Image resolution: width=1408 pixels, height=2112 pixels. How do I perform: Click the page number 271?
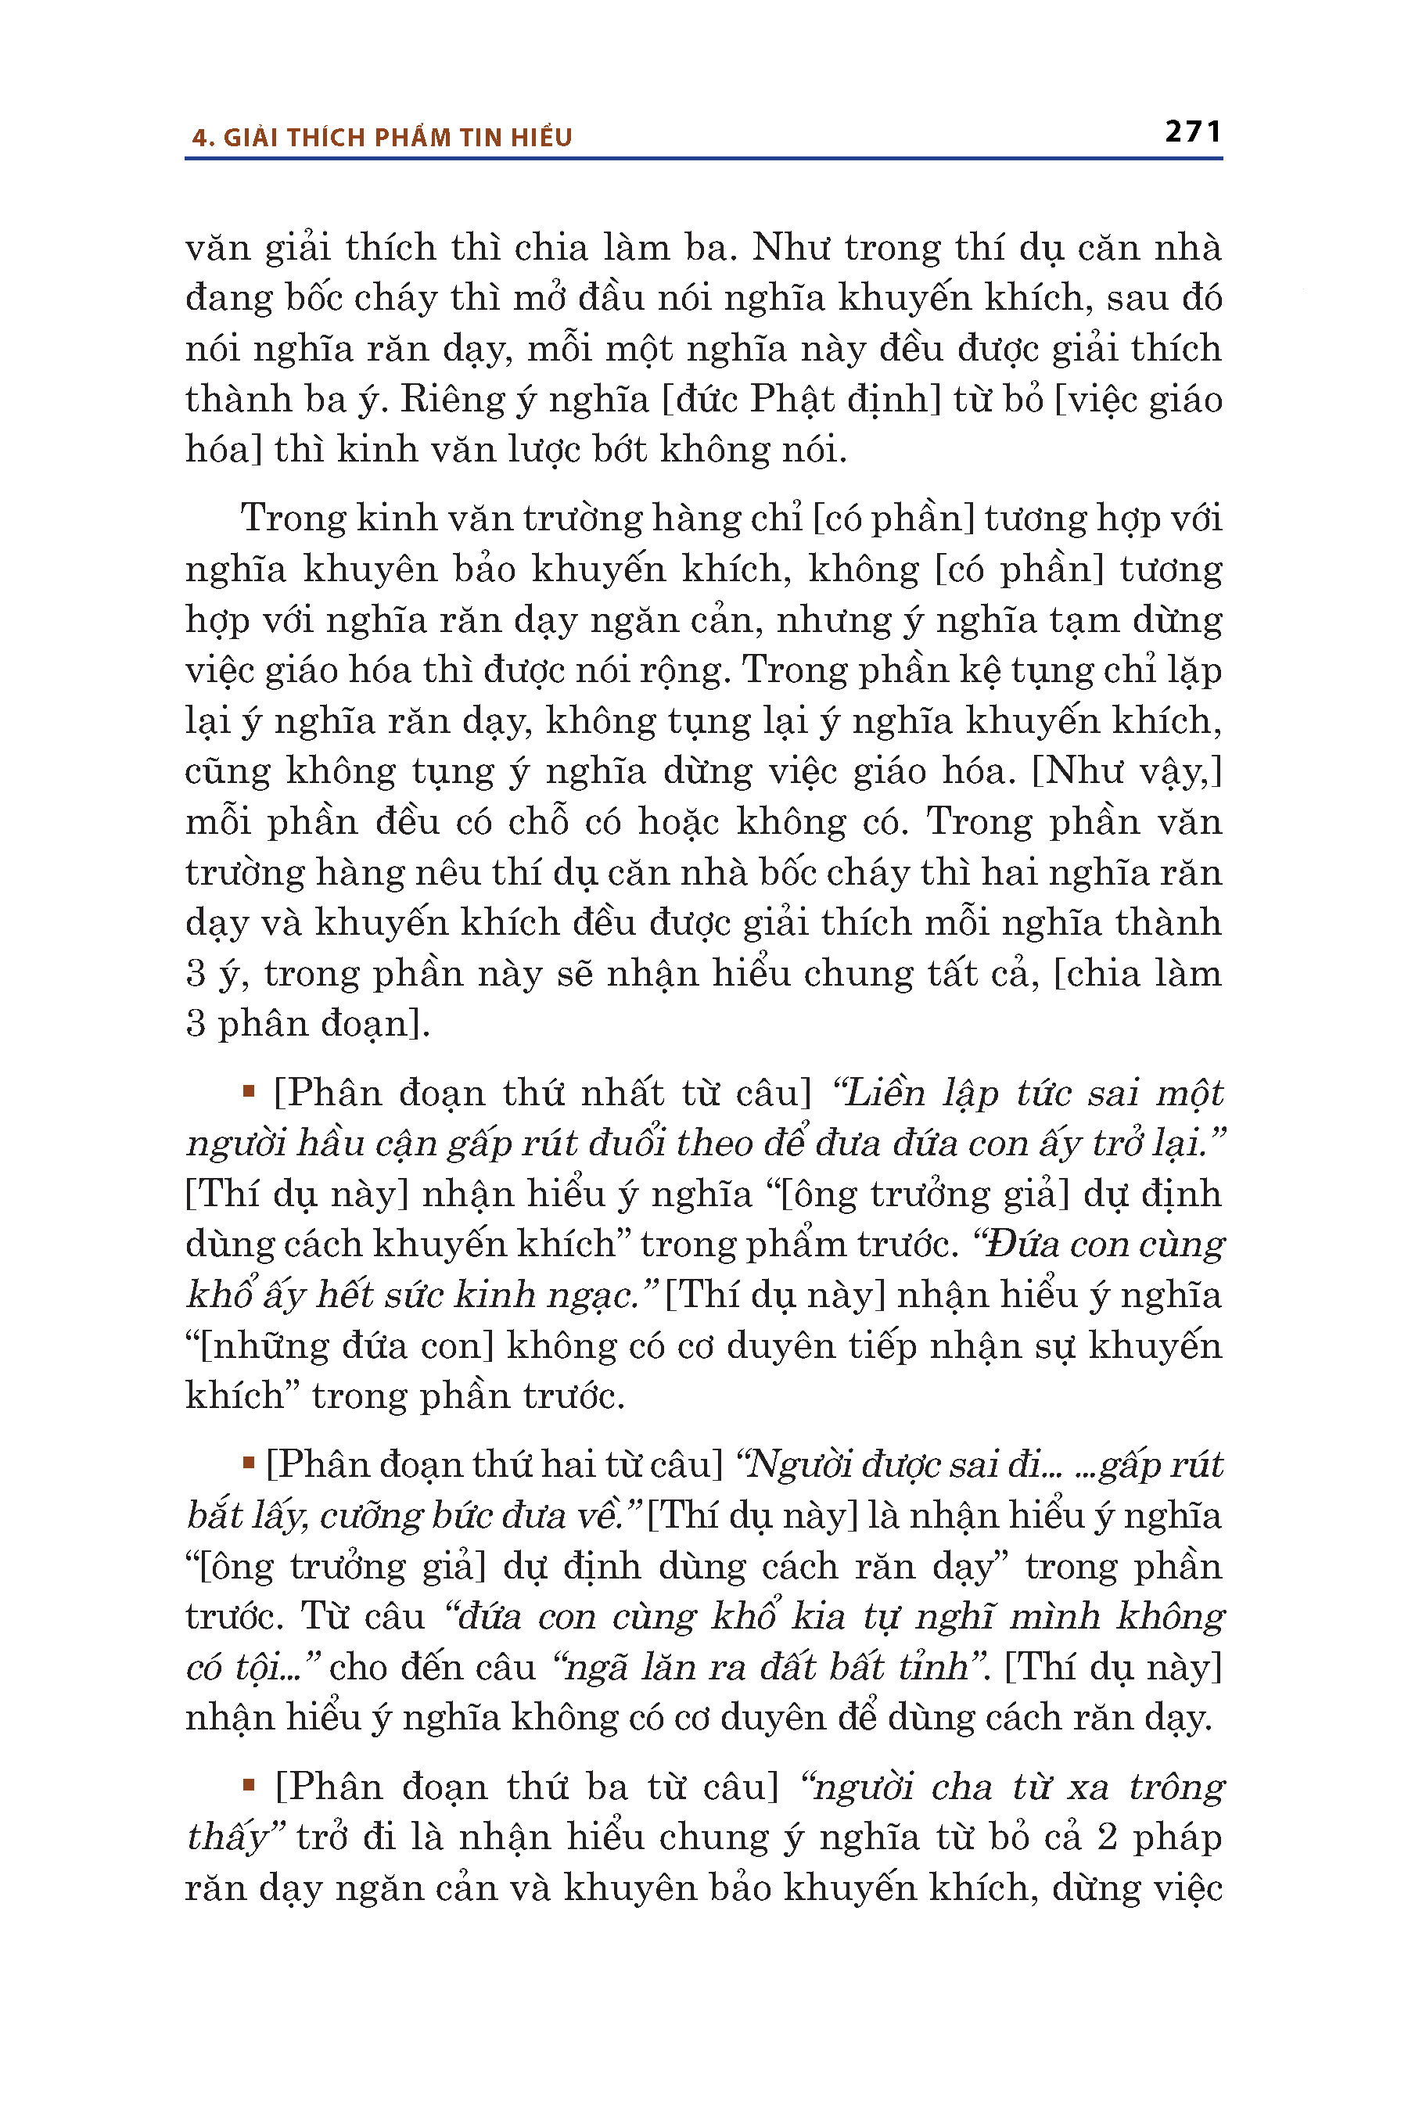click(1191, 132)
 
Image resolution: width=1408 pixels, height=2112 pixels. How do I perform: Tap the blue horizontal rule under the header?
click(703, 159)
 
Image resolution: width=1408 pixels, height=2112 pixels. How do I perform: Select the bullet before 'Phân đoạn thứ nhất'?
click(249, 1092)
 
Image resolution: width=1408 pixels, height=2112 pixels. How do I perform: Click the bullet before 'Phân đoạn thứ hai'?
click(249, 1464)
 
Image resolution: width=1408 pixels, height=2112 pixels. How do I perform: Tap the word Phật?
click(778, 400)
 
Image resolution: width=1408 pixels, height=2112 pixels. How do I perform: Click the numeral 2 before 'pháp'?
click(1106, 1837)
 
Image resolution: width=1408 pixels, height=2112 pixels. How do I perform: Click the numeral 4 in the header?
click(199, 138)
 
